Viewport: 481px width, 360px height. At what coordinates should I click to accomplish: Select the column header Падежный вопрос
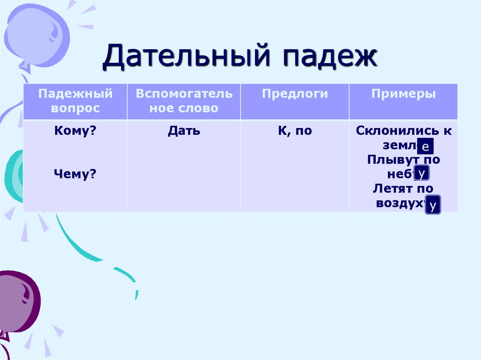(75, 101)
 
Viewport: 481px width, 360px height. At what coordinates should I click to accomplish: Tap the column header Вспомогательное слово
(184, 101)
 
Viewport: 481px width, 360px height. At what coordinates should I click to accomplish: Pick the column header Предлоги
(295, 94)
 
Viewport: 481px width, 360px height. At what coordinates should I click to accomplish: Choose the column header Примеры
(403, 94)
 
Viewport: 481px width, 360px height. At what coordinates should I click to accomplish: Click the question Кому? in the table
(75, 131)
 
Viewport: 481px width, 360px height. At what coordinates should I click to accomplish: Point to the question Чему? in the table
(75, 174)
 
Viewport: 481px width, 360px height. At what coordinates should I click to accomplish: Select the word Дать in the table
(184, 131)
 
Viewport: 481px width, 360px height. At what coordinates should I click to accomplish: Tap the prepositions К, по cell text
(295, 131)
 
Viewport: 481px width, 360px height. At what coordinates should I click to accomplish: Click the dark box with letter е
(425, 147)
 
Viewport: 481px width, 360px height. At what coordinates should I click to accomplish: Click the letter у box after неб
(422, 173)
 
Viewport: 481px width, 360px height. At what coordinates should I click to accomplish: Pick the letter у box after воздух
(433, 205)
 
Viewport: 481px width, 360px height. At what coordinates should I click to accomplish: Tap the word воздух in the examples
(401, 203)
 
